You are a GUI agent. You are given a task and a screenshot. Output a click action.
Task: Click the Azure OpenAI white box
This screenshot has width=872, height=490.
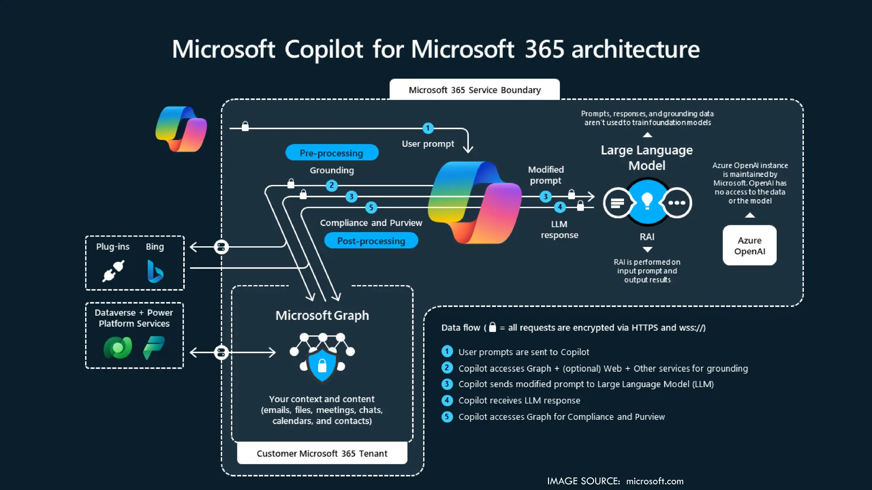click(x=749, y=245)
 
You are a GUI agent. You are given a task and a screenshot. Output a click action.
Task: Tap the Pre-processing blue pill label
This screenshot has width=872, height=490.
click(x=332, y=153)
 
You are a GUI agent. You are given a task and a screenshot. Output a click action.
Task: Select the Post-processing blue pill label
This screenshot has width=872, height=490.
click(x=371, y=241)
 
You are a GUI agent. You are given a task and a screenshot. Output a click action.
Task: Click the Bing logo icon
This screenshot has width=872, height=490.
click(x=155, y=271)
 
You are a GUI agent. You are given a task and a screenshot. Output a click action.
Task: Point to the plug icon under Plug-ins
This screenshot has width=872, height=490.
click(x=113, y=271)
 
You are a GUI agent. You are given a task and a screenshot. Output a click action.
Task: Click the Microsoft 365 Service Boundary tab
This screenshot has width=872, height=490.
click(x=474, y=90)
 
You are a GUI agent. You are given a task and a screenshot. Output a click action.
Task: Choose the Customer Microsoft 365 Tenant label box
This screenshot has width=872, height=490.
click(x=322, y=453)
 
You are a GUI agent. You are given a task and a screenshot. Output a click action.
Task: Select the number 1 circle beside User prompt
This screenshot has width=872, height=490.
click(x=428, y=128)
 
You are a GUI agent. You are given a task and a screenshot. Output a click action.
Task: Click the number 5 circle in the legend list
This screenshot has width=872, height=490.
click(x=447, y=416)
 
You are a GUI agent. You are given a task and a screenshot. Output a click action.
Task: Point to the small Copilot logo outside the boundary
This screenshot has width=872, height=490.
click(x=181, y=129)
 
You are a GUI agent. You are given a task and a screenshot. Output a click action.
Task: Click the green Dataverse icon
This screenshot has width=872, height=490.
click(x=118, y=348)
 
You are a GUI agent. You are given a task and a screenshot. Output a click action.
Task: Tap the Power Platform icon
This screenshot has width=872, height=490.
click(x=154, y=348)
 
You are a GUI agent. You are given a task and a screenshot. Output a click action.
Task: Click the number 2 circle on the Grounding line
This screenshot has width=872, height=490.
click(x=332, y=185)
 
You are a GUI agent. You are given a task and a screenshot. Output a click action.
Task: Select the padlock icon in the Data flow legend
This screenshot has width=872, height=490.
click(x=493, y=327)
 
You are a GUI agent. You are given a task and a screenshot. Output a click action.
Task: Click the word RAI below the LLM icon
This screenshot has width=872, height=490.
click(x=647, y=236)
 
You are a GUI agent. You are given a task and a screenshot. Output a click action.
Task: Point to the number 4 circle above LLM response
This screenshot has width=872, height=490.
click(x=560, y=207)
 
